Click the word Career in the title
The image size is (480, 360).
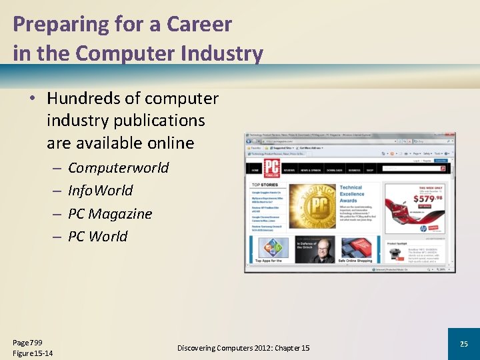tap(199, 24)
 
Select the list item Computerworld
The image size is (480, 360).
tap(118, 167)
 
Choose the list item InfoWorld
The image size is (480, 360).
tap(100, 191)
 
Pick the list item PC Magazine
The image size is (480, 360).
tap(110, 213)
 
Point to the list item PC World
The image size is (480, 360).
tap(97, 236)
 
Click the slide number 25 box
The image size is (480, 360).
tap(464, 344)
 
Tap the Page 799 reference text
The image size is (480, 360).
tap(27, 341)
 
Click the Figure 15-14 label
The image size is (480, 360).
tap(33, 353)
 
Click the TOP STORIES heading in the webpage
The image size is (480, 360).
tap(265, 185)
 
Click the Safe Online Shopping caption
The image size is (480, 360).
tap(355, 261)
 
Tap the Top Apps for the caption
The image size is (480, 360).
tap(269, 261)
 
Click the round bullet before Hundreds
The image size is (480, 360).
tap(31, 99)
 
